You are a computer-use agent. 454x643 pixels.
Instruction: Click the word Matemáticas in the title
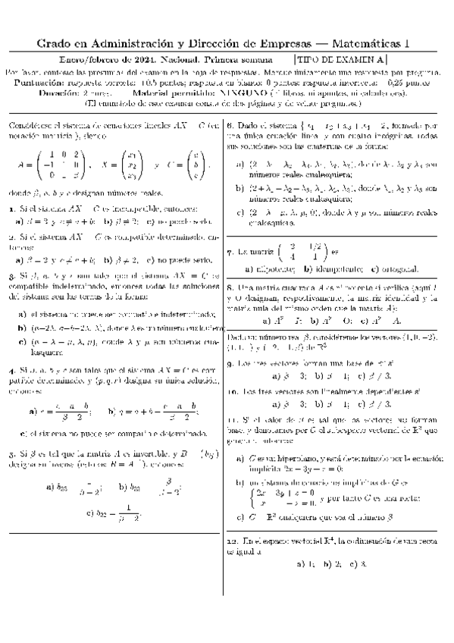pyautogui.click(x=359, y=45)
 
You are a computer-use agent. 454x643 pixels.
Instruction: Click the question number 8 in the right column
pyautogui.click(x=230, y=289)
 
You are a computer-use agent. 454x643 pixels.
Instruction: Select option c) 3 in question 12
pyautogui.click(x=355, y=564)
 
